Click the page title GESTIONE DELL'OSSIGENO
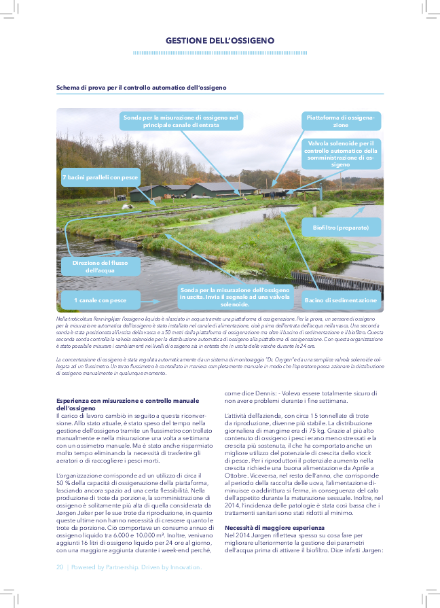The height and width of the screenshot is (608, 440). (220, 41)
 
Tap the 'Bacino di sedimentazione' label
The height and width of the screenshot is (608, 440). (340, 300)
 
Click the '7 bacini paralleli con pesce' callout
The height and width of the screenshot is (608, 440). (100, 177)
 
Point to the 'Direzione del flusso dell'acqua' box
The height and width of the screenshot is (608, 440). (100, 266)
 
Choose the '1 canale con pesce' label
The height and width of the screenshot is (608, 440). (100, 300)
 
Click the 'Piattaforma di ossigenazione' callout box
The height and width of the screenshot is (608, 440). (340, 121)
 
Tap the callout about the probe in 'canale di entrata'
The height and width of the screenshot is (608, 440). (181, 121)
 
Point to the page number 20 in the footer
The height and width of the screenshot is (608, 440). (60, 566)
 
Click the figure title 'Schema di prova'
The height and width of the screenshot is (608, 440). (141, 88)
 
